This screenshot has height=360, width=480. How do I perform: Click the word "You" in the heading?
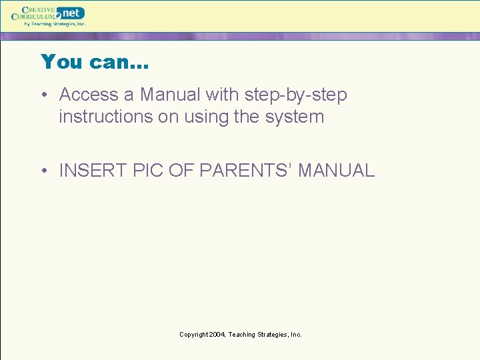pos(62,62)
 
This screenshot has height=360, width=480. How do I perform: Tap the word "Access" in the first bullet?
pos(89,95)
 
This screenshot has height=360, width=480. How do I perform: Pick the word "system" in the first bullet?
pos(293,117)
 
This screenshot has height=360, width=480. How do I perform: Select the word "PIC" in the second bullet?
pos(148,171)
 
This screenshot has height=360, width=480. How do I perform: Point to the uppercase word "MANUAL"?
pos(337,171)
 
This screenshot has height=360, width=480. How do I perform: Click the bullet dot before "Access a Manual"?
pos(45,96)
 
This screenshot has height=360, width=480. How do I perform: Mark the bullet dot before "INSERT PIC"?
pos(45,171)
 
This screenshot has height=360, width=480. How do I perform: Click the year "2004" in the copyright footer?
pos(216,335)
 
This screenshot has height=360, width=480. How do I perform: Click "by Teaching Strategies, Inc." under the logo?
pos(55,24)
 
